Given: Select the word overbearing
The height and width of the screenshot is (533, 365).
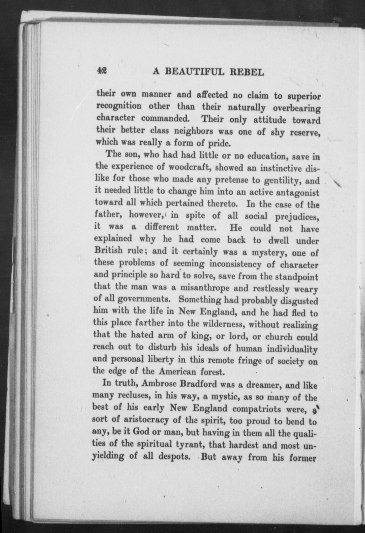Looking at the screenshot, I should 296,109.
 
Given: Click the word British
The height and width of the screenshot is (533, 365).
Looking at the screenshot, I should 108,251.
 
